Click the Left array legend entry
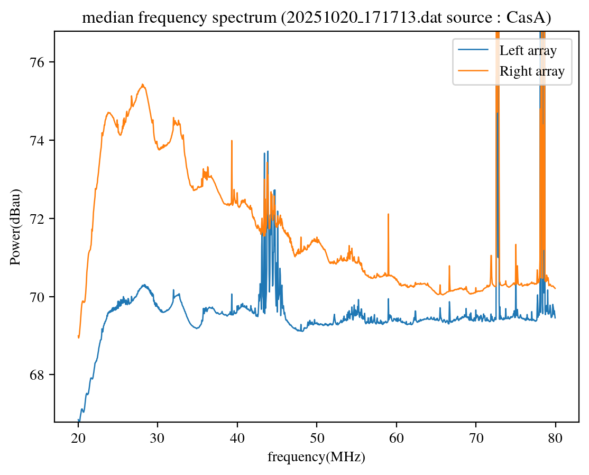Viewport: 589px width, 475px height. point(528,51)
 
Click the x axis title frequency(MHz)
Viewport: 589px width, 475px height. point(316,457)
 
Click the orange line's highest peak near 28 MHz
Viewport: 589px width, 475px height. point(143,85)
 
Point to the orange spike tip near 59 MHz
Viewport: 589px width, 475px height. point(388,214)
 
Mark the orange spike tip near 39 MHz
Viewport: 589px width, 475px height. point(232,141)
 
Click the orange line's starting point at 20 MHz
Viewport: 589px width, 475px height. point(79,337)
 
